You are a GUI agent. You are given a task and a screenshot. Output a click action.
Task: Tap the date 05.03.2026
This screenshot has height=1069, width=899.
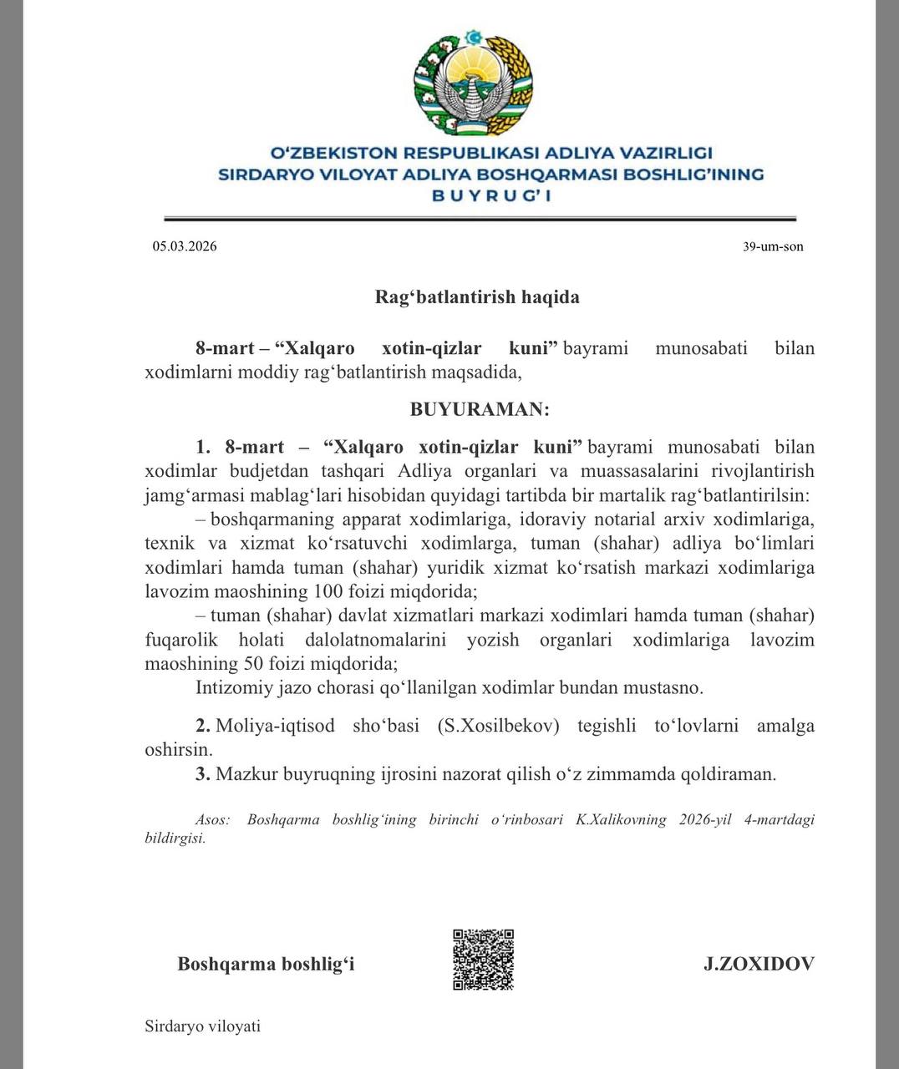point(185,246)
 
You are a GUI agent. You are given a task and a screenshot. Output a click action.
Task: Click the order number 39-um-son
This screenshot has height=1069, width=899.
point(773,246)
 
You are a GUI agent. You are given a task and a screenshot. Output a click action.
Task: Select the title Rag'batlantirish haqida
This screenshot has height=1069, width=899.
point(476,297)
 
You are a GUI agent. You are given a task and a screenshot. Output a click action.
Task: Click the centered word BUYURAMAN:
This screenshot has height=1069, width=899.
point(480,409)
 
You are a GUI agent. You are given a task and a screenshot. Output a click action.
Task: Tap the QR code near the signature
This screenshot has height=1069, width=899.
point(483,960)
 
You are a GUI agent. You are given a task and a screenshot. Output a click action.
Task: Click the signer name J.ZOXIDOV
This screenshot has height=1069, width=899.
point(759,964)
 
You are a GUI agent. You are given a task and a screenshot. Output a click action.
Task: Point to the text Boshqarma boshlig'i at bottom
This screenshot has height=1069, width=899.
point(266,964)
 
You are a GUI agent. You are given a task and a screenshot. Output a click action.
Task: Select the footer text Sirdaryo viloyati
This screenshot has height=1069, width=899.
point(202,1026)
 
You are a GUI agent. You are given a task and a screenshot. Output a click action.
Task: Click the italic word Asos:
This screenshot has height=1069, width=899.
point(212,819)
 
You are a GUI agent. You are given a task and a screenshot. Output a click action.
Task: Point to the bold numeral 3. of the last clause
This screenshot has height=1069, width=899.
point(203,774)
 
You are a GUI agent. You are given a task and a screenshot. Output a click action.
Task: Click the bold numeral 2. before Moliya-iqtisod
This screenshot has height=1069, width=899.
point(203,726)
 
